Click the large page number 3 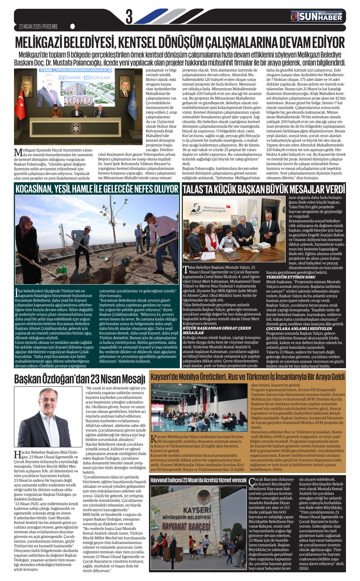(x=129, y=16)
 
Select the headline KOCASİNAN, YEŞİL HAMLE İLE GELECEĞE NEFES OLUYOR (x=97, y=189)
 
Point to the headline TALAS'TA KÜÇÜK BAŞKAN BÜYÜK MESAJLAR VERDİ (x=264, y=189)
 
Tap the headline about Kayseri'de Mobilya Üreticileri (x=247, y=377)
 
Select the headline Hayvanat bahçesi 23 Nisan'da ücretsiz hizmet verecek (x=198, y=480)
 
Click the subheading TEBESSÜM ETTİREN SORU (x=291, y=277)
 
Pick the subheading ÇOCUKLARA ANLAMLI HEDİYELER (x=294, y=328)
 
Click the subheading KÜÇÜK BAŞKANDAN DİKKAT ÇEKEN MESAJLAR (x=217, y=330)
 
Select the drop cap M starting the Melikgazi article (x=18, y=153)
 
